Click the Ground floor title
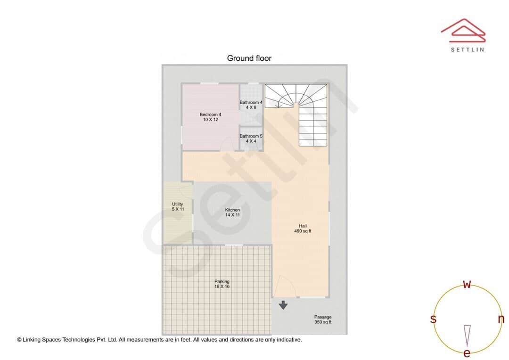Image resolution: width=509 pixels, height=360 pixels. pyautogui.click(x=249, y=58)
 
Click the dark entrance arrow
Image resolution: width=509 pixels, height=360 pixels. pyautogui.click(x=283, y=305)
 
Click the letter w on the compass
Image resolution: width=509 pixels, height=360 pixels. pyautogui.click(x=467, y=284)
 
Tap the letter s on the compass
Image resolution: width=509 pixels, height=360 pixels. pyautogui.click(x=433, y=319)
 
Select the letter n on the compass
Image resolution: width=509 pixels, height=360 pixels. pyautogui.click(x=501, y=319)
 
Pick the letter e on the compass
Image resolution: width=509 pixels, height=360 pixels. pyautogui.click(x=467, y=353)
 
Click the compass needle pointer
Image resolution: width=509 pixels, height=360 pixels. pyautogui.click(x=467, y=335)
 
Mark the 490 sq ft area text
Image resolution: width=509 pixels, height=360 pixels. pyautogui.click(x=303, y=231)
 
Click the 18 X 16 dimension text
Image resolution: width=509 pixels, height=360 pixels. pyautogui.click(x=222, y=286)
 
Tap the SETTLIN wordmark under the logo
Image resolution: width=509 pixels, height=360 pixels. pyautogui.click(x=467, y=49)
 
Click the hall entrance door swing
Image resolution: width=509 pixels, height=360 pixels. pyautogui.click(x=285, y=286)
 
